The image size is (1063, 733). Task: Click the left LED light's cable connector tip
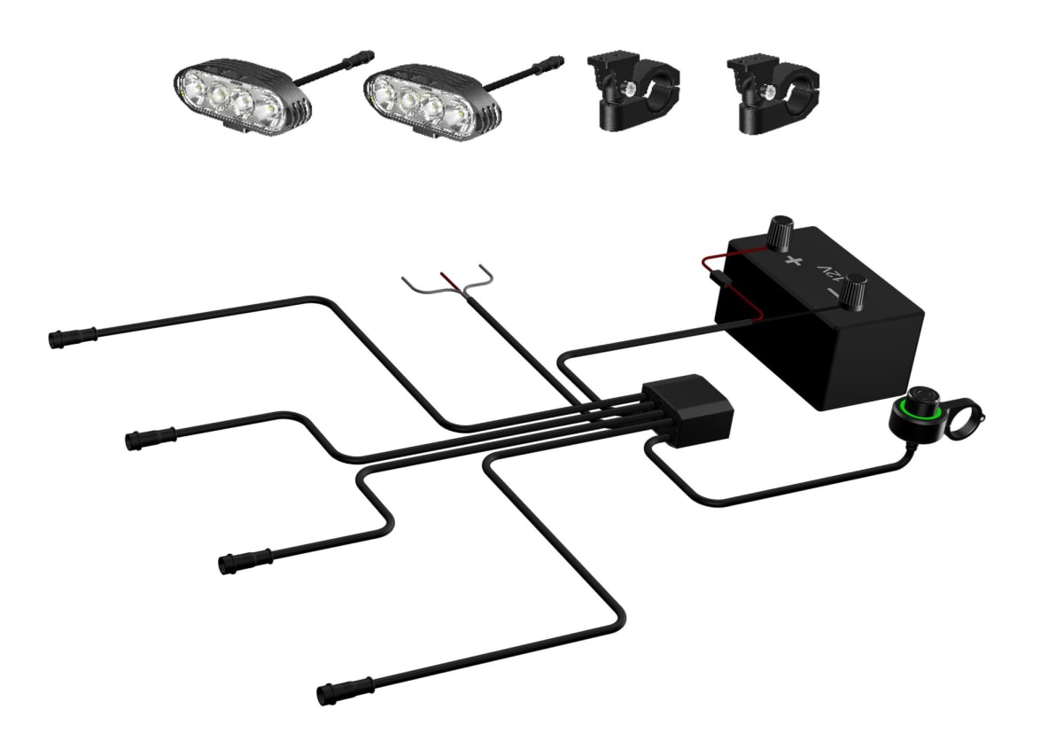pos(361,58)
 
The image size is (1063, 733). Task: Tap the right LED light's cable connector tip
pos(549,65)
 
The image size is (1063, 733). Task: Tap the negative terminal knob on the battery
pos(853,291)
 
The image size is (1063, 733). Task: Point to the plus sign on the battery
pos(793,261)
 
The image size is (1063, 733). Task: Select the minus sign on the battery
pos(833,293)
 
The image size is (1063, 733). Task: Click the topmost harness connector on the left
pos(73,337)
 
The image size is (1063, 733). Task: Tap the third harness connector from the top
pos(244,561)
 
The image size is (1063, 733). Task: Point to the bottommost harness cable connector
pos(345,693)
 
